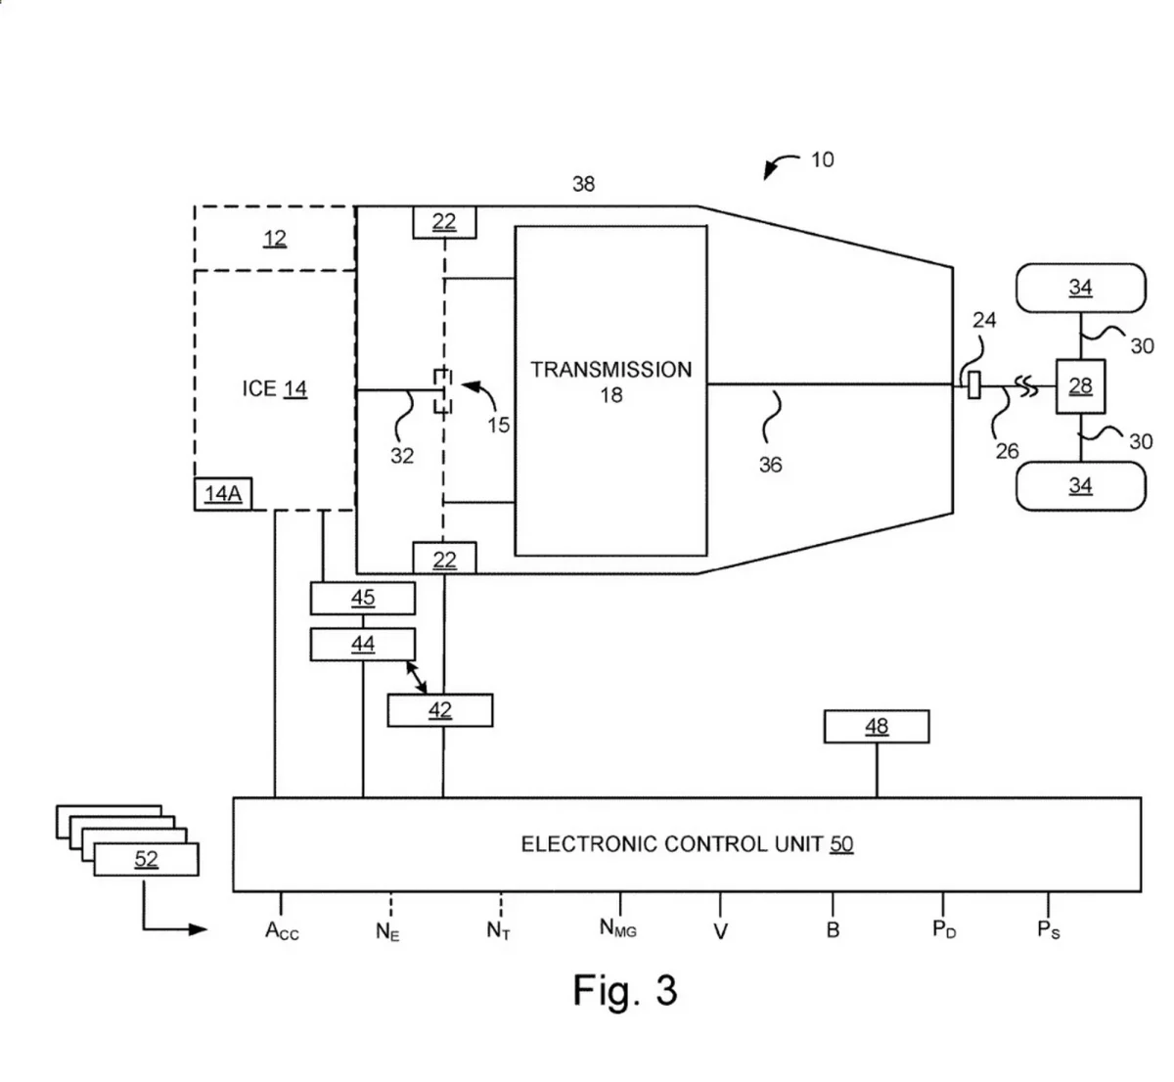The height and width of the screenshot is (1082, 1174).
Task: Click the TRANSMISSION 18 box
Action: [x=610, y=390]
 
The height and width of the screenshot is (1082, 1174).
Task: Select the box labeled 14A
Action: [x=222, y=494]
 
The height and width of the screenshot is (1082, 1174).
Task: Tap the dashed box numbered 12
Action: [x=275, y=238]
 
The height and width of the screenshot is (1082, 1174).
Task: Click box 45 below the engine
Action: [x=362, y=598]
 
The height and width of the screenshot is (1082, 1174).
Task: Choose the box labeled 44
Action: [x=362, y=644]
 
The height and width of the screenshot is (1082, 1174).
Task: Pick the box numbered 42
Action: [x=439, y=710]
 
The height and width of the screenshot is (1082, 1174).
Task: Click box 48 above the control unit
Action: [x=876, y=727]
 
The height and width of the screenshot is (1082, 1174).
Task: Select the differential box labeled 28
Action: [x=1079, y=386]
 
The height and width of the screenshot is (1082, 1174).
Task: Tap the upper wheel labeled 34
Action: [x=1079, y=288]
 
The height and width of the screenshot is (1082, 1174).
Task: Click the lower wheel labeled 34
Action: [x=1079, y=485]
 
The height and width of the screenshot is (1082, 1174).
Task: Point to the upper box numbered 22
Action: [x=444, y=222]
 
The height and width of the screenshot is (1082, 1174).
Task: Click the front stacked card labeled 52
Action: [x=146, y=860]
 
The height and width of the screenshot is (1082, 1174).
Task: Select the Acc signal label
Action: [x=282, y=930]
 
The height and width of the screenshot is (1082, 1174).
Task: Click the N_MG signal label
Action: [x=618, y=928]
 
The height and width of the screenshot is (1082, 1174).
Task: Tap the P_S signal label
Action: [x=1048, y=929]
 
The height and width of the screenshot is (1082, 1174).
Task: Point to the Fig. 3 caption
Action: [x=624, y=990]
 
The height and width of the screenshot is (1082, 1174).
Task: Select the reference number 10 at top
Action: [x=822, y=159]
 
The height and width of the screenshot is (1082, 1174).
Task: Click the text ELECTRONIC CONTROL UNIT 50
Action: [x=686, y=844]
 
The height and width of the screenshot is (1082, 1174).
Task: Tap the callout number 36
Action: [x=770, y=465]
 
